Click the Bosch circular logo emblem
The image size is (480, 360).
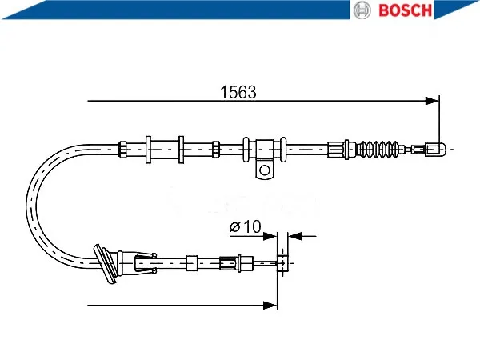pyautogui.click(x=362, y=10)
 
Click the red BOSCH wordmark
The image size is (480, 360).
pyautogui.click(x=406, y=10)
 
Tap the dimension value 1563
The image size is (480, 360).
pyautogui.click(x=238, y=92)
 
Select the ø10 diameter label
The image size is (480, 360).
pyautogui.click(x=246, y=226)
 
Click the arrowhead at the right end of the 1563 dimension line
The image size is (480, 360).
pyautogui.click(x=432, y=101)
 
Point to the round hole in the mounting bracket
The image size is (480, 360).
pyautogui.click(x=265, y=170)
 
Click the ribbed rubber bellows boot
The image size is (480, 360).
pyautogui.click(x=378, y=150)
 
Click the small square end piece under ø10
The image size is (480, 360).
pyautogui.click(x=282, y=263)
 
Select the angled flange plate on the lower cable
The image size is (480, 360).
pyautogui.click(x=104, y=263)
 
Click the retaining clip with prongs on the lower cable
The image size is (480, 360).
pyautogui.click(x=146, y=263)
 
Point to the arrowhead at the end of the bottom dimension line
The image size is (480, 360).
pyautogui.click(x=270, y=306)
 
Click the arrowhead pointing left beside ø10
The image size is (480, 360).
pyautogui.click(x=294, y=236)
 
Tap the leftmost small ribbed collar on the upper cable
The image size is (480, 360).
pyautogui.click(x=122, y=150)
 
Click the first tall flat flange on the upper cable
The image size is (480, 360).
pyautogui.click(x=148, y=150)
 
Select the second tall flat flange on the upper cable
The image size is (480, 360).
pyautogui.click(x=182, y=150)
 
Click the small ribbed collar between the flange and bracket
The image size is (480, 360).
pyautogui.click(x=216, y=150)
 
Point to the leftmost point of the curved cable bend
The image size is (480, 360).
pyautogui.click(x=27, y=206)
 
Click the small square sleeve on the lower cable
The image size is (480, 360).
pyautogui.click(x=192, y=263)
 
